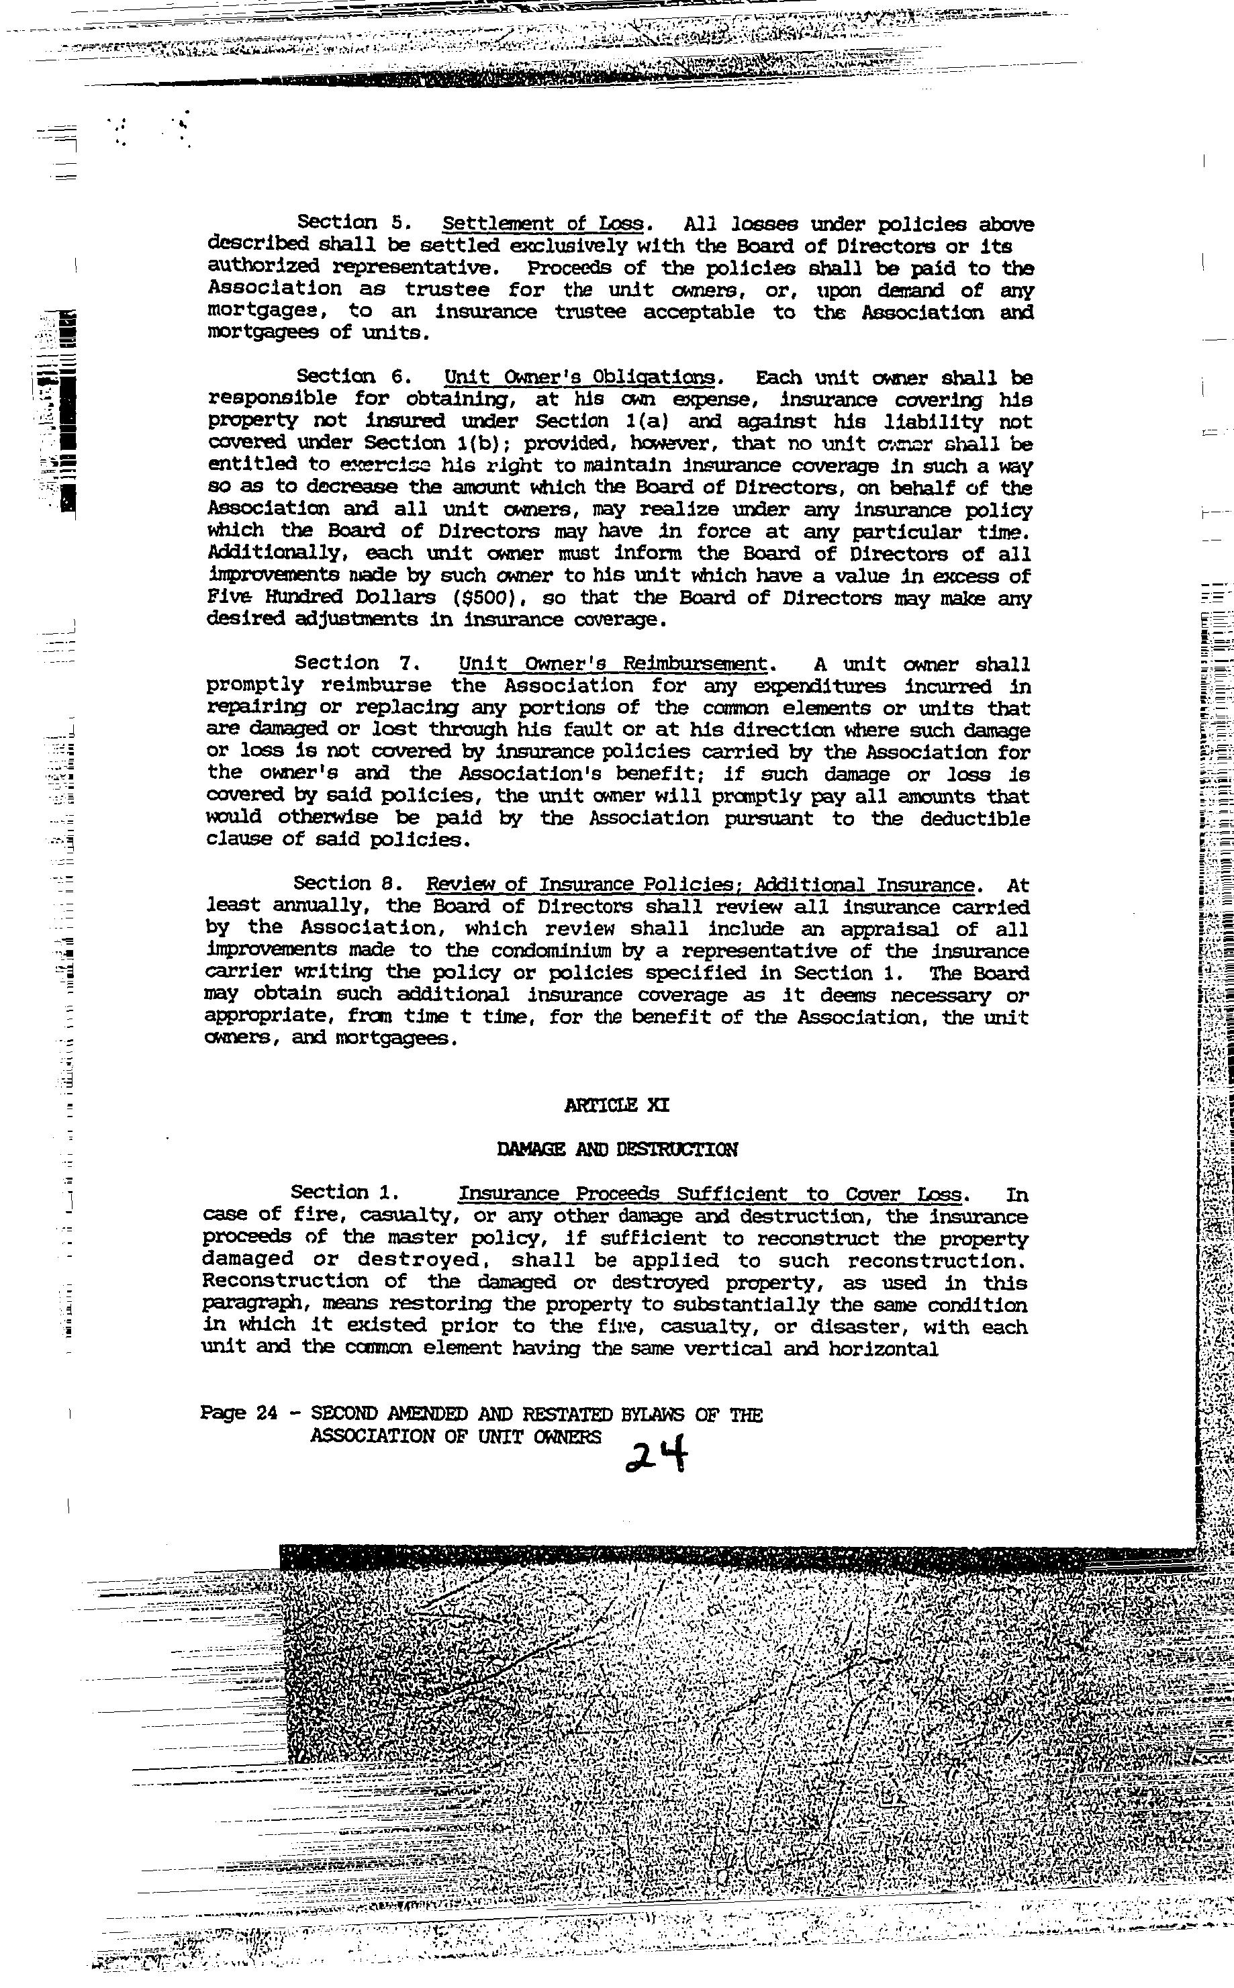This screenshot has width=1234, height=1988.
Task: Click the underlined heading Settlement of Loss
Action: point(544,224)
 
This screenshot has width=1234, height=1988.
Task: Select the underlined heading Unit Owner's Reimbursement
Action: point(614,664)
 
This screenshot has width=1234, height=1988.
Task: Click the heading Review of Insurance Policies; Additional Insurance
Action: point(700,885)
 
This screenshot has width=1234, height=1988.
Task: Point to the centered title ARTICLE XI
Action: point(616,1105)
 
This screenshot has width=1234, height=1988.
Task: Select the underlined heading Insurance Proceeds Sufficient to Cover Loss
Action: point(710,1195)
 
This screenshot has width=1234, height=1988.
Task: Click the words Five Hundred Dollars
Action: point(322,598)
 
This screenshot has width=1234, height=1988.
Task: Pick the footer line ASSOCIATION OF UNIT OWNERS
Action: point(455,1436)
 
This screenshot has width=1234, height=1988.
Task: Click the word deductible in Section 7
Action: point(974,818)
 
